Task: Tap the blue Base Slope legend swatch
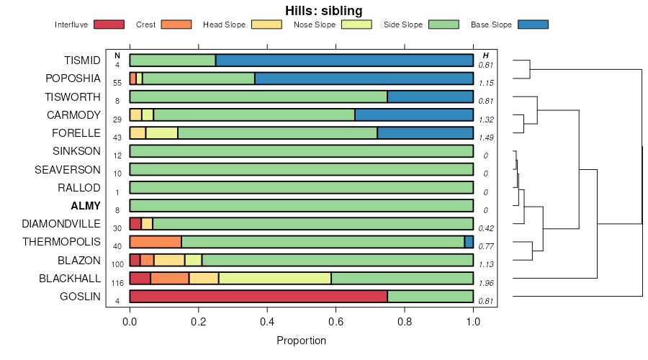pyautogui.click(x=533, y=24)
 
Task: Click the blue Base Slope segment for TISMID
pyautogui.click(x=344, y=60)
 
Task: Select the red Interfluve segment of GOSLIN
pyautogui.click(x=258, y=296)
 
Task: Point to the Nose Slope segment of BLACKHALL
pyautogui.click(x=275, y=278)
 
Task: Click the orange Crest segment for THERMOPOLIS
pyautogui.click(x=156, y=242)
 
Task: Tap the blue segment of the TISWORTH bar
pyautogui.click(x=430, y=96)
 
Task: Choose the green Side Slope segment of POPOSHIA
pyautogui.click(x=199, y=78)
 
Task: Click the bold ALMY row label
pyautogui.click(x=86, y=206)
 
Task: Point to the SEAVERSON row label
pyautogui.click(x=68, y=170)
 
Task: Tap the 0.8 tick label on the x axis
pyautogui.click(x=405, y=323)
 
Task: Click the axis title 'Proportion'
pyautogui.click(x=301, y=341)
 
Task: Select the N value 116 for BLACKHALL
pyautogui.click(x=117, y=282)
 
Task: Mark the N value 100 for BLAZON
pyautogui.click(x=117, y=264)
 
